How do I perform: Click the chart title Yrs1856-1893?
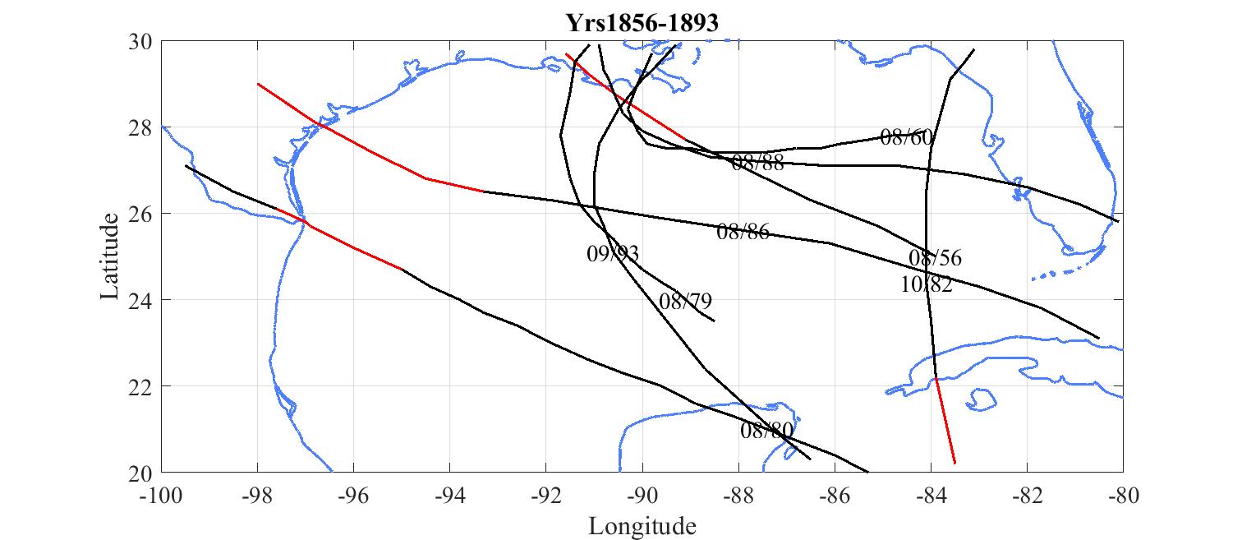pyautogui.click(x=642, y=24)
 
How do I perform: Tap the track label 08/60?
pyautogui.click(x=906, y=137)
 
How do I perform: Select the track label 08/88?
pyautogui.click(x=757, y=163)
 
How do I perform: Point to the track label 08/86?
pyautogui.click(x=743, y=232)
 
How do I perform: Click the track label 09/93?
pyautogui.click(x=613, y=254)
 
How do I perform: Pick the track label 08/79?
pyautogui.click(x=685, y=302)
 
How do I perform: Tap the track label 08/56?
pyautogui.click(x=935, y=258)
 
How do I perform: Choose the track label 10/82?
pyautogui.click(x=927, y=285)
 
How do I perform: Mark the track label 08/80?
pyautogui.click(x=766, y=431)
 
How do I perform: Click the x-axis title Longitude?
pyautogui.click(x=642, y=526)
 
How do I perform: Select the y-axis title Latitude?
pyautogui.click(x=110, y=256)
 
